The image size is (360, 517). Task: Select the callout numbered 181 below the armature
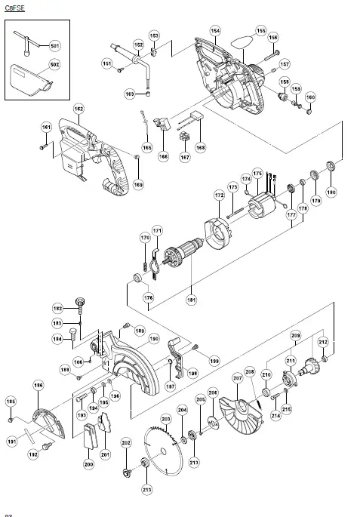[x=192, y=300]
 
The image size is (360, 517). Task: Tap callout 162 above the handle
[x=78, y=109]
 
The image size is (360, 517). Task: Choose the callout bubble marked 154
[x=215, y=31]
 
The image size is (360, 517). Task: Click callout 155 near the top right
[x=261, y=31]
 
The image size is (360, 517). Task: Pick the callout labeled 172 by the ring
[x=219, y=195]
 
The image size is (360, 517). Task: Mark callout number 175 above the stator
[x=257, y=174]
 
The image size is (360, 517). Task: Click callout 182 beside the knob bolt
[x=57, y=308]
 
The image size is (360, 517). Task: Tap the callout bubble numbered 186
[x=38, y=386]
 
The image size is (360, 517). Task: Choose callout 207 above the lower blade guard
[x=237, y=377]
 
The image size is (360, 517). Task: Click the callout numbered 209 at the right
[x=295, y=334]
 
